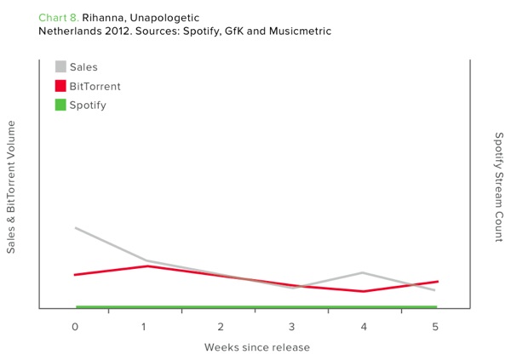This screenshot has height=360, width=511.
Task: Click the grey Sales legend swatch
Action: click(x=60, y=66)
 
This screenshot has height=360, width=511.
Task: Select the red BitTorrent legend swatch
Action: click(x=60, y=86)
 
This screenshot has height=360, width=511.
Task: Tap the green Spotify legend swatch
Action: click(x=60, y=105)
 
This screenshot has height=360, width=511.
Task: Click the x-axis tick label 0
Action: click(x=75, y=327)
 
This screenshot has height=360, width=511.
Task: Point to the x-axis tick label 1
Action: click(x=144, y=327)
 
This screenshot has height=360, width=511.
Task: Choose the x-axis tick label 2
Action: click(x=221, y=327)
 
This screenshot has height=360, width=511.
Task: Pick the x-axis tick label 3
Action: click(x=291, y=327)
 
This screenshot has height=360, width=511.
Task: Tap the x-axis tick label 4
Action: click(x=364, y=327)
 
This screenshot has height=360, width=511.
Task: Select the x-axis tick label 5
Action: click(x=435, y=327)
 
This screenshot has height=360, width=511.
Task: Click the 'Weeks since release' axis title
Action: click(x=257, y=347)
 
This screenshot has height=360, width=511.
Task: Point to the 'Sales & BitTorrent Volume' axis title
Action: click(x=11, y=187)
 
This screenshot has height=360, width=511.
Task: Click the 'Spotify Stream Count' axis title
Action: click(x=499, y=187)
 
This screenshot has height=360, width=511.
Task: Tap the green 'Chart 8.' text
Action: click(x=59, y=18)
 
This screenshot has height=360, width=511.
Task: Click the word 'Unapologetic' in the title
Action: click(x=164, y=18)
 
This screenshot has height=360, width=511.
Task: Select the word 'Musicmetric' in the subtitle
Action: click(x=300, y=31)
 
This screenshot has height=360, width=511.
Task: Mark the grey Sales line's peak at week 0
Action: click(x=76, y=228)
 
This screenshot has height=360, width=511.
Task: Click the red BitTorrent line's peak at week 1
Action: click(x=147, y=266)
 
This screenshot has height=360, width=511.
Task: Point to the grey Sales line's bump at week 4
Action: click(x=363, y=272)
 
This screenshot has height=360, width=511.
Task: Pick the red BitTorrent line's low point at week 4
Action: click(x=363, y=291)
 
